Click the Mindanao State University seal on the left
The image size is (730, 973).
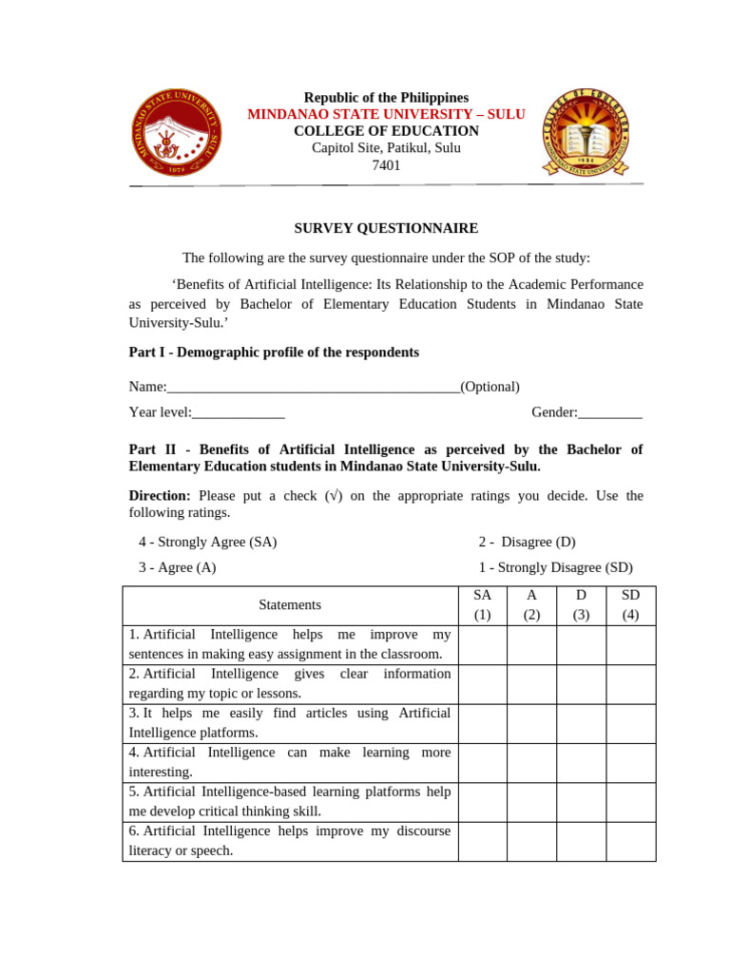pos(176,133)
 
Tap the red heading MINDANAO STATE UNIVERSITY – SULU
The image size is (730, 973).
pos(386,114)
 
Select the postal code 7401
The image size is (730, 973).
pos(386,165)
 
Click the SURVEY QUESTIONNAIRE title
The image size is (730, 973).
pos(386,228)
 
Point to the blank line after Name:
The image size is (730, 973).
pos(314,387)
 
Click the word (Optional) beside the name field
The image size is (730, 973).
pos(490,387)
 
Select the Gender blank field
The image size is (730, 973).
pos(610,412)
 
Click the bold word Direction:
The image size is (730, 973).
pos(160,496)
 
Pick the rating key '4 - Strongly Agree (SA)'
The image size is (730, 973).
pos(208,542)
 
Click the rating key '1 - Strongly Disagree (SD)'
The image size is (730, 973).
pos(555,567)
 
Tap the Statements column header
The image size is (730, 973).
pos(290,604)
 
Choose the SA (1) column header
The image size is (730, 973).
pos(482,604)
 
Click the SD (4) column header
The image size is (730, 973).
pos(630,604)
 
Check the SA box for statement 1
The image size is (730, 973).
pos(482,644)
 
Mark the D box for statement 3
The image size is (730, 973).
pos(581,723)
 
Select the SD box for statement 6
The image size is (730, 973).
pos(630,841)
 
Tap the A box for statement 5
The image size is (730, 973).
pos(531,802)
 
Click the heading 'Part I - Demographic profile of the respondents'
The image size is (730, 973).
pos(274,353)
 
